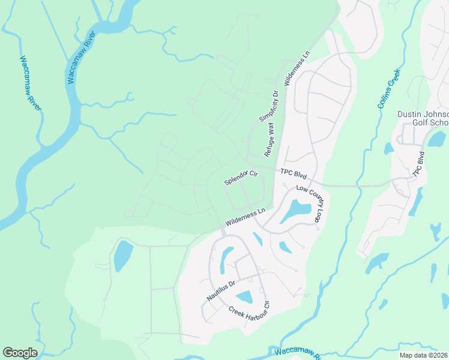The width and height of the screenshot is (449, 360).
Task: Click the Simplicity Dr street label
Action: pyautogui.click(x=269, y=106)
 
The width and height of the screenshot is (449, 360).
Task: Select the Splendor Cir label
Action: pyautogui.click(x=241, y=178)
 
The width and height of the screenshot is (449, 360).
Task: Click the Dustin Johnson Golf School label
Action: pyautogui.click(x=424, y=118)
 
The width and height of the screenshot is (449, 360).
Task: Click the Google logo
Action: pyautogui.click(x=20, y=353)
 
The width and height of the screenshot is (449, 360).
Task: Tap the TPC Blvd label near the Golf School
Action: pyautogui.click(x=419, y=164)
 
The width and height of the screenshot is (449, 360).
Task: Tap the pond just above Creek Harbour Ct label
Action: pyautogui.click(x=244, y=296)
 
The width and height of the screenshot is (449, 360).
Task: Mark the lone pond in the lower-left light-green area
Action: pyautogui.click(x=122, y=255)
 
